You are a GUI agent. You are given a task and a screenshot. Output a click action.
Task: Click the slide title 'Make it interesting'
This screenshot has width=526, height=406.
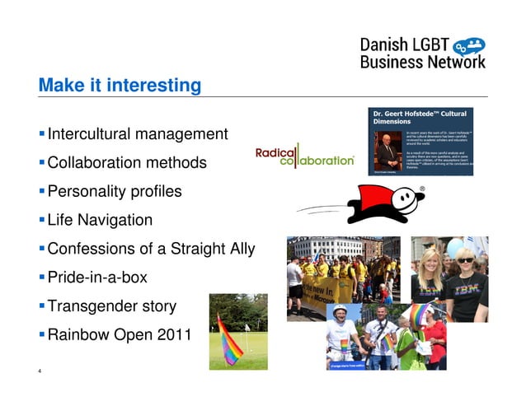click(120, 85)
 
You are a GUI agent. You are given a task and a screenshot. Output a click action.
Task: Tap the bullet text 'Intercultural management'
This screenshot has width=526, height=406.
click(138, 133)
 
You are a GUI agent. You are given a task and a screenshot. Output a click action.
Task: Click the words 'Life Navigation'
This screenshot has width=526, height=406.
click(100, 220)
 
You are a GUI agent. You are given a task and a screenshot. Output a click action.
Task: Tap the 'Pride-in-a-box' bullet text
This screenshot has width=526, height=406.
click(97, 278)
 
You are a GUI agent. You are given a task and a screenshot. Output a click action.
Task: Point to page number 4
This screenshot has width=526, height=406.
click(40, 371)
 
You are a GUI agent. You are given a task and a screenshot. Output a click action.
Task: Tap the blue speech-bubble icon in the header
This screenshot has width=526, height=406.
click(470, 45)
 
